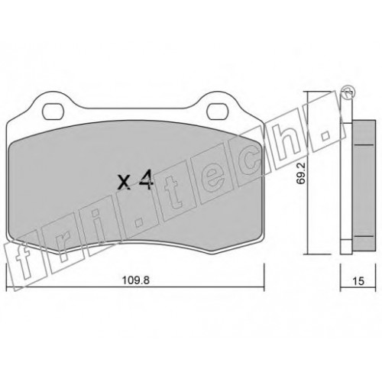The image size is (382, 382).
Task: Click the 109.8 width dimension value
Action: (136, 280)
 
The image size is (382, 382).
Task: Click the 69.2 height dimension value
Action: (301, 173)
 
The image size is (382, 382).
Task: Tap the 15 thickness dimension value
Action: (358, 281)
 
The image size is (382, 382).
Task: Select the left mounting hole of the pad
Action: (53, 112)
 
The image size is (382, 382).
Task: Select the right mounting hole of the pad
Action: (218, 112)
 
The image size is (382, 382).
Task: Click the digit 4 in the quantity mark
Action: (146, 180)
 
